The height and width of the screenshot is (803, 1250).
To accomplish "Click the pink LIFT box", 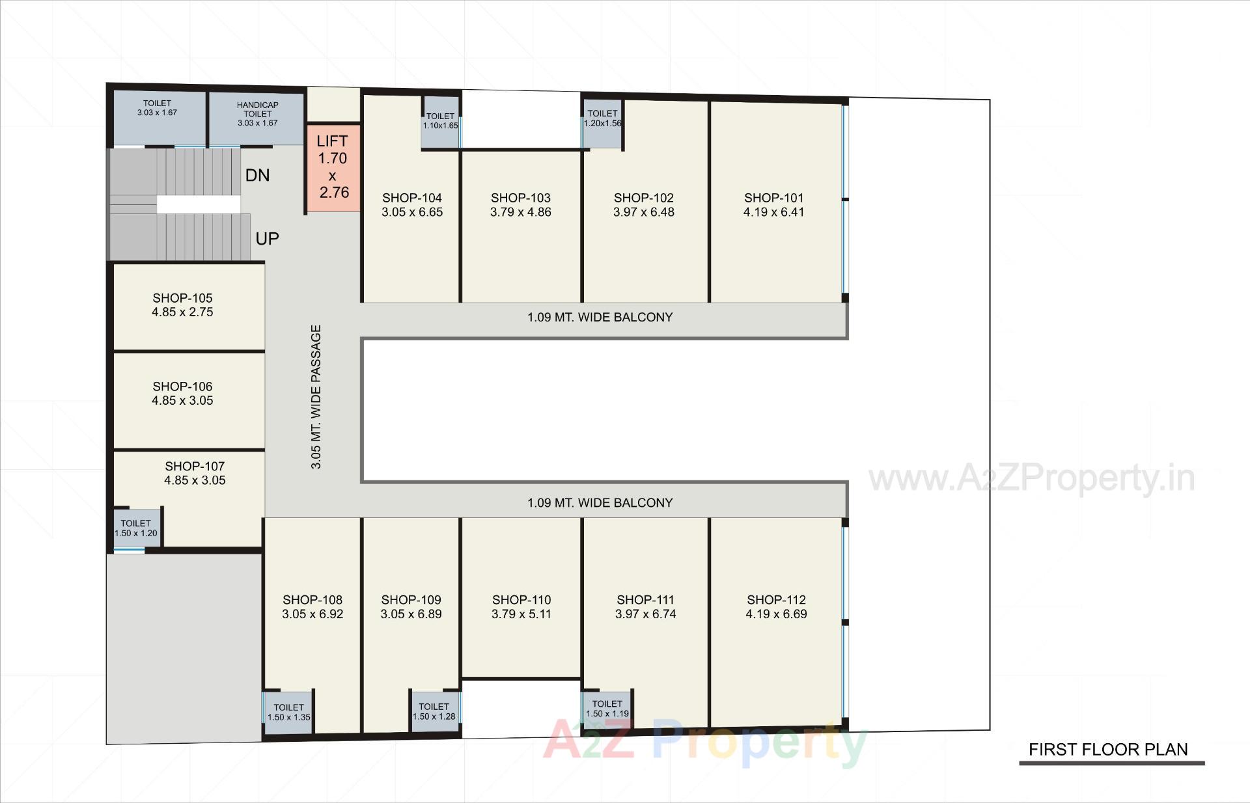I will [333, 167].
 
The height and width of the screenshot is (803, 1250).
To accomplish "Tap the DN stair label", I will [257, 175].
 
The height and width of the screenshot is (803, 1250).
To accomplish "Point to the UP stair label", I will [267, 239].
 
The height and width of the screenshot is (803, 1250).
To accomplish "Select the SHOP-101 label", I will [773, 198].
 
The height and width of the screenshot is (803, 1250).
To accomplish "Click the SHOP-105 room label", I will [182, 298].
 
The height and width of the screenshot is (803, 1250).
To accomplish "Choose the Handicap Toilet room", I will [257, 117].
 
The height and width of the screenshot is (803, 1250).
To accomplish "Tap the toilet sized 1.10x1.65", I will [441, 122].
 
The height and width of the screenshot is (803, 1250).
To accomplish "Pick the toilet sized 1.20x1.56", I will [602, 118].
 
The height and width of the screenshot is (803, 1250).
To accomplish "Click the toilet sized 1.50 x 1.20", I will [136, 528].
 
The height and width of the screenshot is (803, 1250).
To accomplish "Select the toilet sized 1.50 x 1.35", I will [288, 712].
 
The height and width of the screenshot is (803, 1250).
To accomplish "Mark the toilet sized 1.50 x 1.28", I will [434, 711].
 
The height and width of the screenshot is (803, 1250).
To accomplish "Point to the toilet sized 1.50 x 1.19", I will [607, 709].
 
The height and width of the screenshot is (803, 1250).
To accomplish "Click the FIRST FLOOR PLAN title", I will [1108, 750].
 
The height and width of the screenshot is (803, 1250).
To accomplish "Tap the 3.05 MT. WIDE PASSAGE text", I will [316, 397].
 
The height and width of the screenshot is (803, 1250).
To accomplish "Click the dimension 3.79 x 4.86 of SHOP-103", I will [521, 212].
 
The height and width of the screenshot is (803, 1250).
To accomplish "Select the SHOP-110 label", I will [521, 599].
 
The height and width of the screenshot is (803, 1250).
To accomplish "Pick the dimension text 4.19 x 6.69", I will [776, 614].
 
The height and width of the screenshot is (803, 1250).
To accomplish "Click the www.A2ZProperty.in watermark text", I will [1032, 479].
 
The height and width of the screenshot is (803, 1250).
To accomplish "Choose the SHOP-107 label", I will [195, 467].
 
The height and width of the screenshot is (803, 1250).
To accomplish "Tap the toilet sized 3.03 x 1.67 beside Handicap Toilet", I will [157, 108].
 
